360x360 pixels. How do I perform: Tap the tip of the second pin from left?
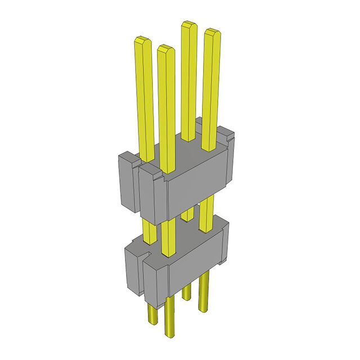165,49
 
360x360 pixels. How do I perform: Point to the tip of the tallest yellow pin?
188,25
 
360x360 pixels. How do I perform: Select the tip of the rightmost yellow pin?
211,33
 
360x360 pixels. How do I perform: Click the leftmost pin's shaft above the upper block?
144,96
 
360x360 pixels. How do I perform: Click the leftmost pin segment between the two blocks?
149,231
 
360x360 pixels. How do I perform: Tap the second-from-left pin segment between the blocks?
168,236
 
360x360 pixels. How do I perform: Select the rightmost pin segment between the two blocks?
206,214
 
